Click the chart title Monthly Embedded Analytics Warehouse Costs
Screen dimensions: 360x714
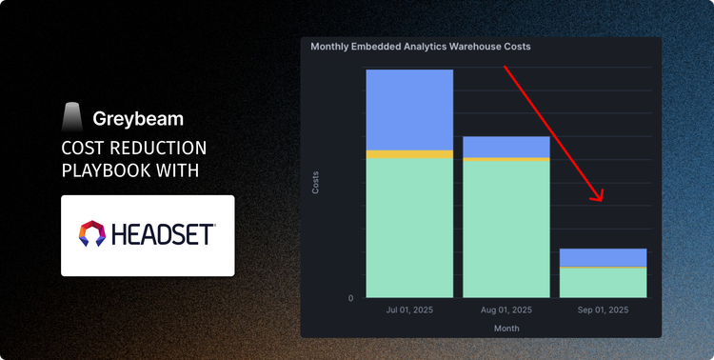pos(420,46)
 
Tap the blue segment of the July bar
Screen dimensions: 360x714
pos(409,110)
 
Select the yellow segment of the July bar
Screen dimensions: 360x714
pos(409,154)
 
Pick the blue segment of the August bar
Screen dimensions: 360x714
pos(506,147)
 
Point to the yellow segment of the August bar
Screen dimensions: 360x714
pos(506,159)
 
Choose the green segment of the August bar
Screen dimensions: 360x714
pos(506,229)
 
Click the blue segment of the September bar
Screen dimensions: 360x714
pos(603,257)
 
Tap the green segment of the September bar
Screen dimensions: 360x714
pos(603,282)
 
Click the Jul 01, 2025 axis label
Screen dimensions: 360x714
pos(409,310)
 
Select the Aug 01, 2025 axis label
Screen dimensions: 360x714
pos(506,310)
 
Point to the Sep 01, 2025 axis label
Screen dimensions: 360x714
pos(603,310)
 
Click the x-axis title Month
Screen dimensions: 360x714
pos(506,328)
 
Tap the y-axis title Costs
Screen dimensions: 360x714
pos(316,182)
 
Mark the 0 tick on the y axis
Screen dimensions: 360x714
pos(350,298)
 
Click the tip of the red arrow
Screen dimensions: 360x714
pos(602,201)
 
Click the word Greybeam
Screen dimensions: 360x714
pos(138,119)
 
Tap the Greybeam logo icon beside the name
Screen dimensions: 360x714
pos(72,117)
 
